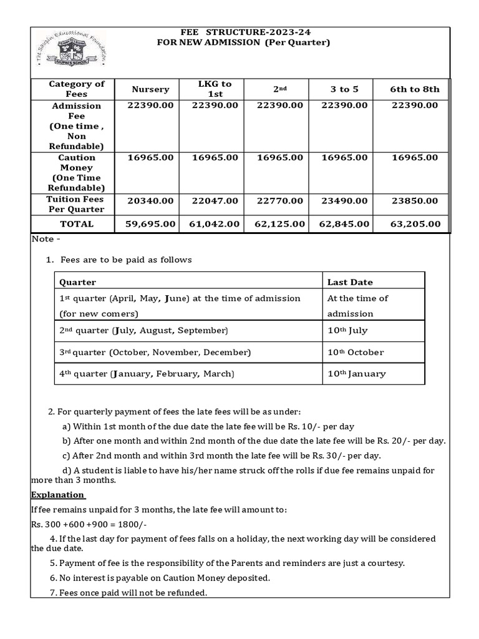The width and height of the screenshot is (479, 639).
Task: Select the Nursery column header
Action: pyautogui.click(x=150, y=89)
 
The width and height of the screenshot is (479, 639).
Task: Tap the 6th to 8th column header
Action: pyautogui.click(x=414, y=89)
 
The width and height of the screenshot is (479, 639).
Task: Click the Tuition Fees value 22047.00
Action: pyautogui.click(x=215, y=201)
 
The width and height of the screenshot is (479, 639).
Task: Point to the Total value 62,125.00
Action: pyautogui.click(x=279, y=224)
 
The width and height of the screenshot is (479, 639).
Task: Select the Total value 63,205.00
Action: pyautogui.click(x=414, y=224)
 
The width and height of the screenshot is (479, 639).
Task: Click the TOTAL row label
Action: pyautogui.click(x=77, y=224)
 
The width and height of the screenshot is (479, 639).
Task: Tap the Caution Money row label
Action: pyautogui.click(x=77, y=172)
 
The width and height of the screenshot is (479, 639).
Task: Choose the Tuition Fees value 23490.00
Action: pyautogui.click(x=344, y=201)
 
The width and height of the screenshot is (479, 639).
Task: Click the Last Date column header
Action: pyautogui.click(x=350, y=282)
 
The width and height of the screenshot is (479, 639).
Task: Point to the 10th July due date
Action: pyautogui.click(x=348, y=330)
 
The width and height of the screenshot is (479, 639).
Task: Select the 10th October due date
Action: pyautogui.click(x=356, y=353)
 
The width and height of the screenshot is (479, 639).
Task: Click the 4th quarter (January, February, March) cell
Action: pyautogui.click(x=146, y=374)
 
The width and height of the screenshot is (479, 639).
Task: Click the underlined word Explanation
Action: pyautogui.click(x=57, y=495)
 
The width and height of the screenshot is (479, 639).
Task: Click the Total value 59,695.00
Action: pyautogui.click(x=150, y=224)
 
